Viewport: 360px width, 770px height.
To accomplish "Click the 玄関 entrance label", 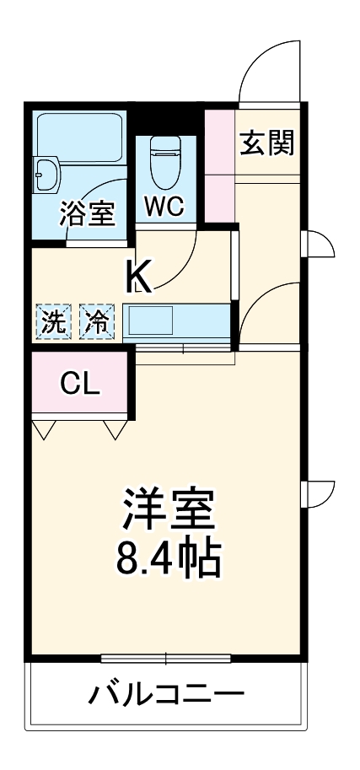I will [267, 143].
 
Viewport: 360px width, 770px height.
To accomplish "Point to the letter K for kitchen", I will [139, 276].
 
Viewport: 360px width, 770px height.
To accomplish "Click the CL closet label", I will [80, 385].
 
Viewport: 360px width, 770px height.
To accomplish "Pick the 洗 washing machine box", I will [53, 321].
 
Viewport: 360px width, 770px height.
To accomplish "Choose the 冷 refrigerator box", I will [99, 321].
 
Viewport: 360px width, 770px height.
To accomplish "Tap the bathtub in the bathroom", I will [80, 130].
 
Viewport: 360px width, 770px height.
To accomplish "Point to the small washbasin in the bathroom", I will [46, 175].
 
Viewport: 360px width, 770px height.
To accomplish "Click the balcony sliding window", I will [167, 656].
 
